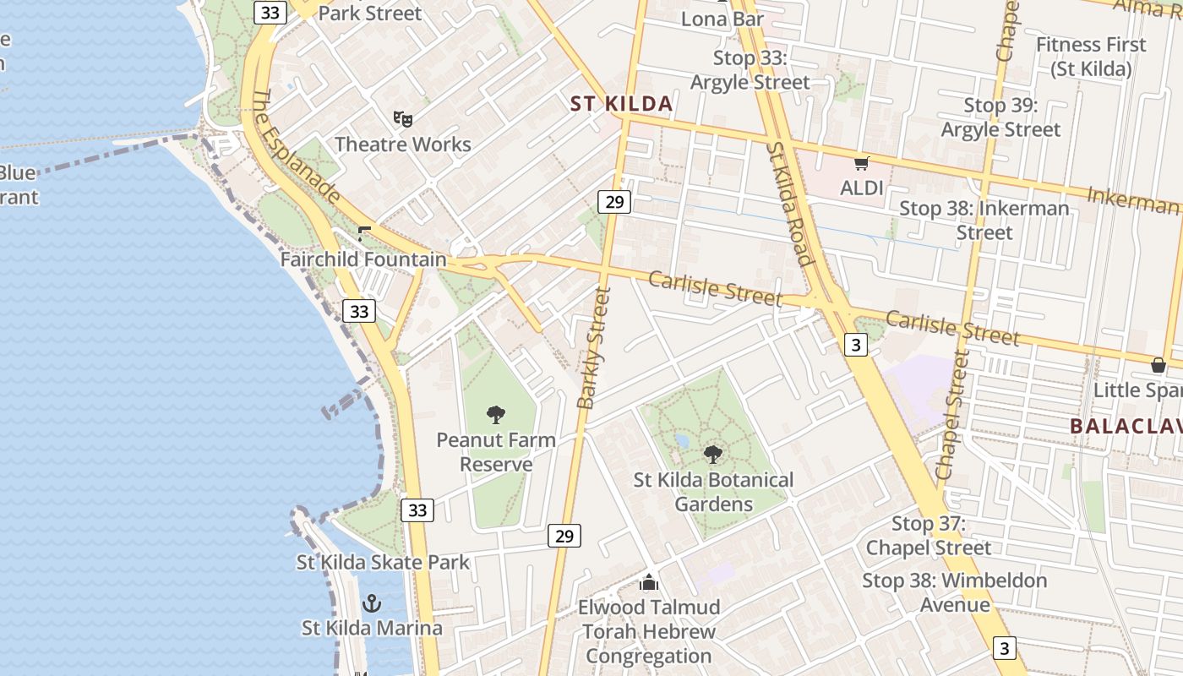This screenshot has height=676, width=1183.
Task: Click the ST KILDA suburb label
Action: click(x=621, y=104)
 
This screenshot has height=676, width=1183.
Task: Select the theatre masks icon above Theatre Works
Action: click(x=402, y=119)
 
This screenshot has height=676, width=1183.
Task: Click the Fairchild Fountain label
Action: click(x=363, y=259)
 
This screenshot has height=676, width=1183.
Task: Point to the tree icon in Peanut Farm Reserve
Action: click(x=496, y=414)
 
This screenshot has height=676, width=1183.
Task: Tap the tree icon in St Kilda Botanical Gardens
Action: click(x=713, y=454)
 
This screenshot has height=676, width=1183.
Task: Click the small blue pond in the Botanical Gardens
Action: click(x=682, y=441)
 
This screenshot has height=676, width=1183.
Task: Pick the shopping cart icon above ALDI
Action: click(x=861, y=163)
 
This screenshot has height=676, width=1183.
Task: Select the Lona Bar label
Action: click(x=722, y=19)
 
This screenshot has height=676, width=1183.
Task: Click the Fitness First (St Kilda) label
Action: click(x=1091, y=57)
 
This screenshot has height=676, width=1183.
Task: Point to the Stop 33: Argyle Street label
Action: click(x=750, y=70)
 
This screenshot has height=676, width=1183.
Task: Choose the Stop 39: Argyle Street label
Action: click(x=1000, y=117)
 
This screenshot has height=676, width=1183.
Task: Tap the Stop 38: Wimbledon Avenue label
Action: click(x=955, y=592)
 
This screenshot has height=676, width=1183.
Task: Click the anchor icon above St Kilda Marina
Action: click(x=372, y=603)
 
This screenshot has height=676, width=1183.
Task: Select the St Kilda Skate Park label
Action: click(x=383, y=562)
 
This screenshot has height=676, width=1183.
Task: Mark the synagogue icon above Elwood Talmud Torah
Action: click(x=649, y=582)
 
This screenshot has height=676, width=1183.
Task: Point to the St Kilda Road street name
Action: click(x=789, y=203)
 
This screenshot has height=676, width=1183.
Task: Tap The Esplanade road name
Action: click(x=296, y=147)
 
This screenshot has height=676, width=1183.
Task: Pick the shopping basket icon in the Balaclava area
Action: click(x=1158, y=365)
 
